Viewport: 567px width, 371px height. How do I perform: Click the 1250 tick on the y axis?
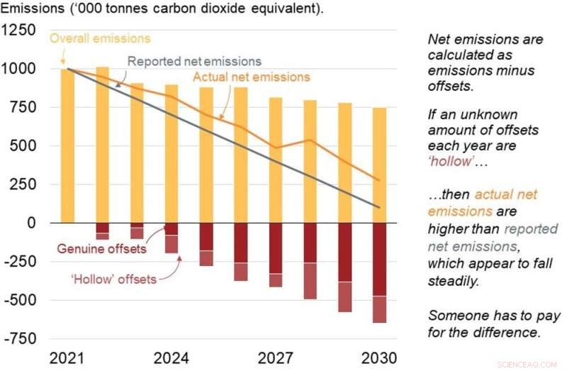click(x=21, y=31)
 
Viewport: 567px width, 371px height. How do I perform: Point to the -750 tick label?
click(x=21, y=338)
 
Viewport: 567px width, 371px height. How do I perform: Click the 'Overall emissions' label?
click(x=100, y=38)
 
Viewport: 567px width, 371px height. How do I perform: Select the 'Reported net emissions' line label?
click(x=194, y=61)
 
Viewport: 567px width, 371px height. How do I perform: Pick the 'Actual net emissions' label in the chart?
click(x=252, y=77)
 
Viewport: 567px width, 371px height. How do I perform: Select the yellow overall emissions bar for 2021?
click(x=67, y=145)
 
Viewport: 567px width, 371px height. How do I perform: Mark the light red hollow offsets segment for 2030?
click(x=380, y=309)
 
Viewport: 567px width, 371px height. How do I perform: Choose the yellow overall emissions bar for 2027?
click(x=276, y=160)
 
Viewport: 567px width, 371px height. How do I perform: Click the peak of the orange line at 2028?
click(x=310, y=140)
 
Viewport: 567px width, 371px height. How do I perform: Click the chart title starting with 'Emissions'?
click(x=164, y=9)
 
